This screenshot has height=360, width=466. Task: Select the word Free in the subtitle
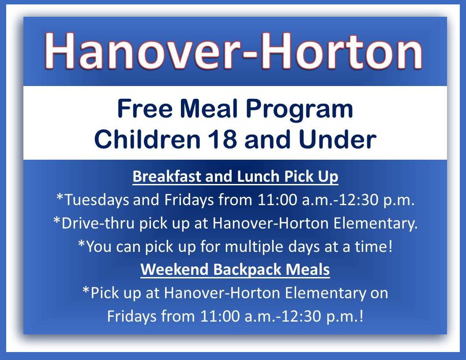pos(145,109)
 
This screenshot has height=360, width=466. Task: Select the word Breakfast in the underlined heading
pos(167,176)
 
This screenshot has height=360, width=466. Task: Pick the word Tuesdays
pos(97,199)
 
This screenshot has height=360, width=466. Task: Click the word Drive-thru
pos(98,223)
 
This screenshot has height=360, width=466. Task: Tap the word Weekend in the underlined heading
pos(174,269)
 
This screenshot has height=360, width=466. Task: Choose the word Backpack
pos(247,270)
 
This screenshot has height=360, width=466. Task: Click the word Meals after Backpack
pos(308,269)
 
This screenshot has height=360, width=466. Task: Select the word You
pos(98,246)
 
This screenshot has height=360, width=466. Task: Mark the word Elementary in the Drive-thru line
pos(376,223)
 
